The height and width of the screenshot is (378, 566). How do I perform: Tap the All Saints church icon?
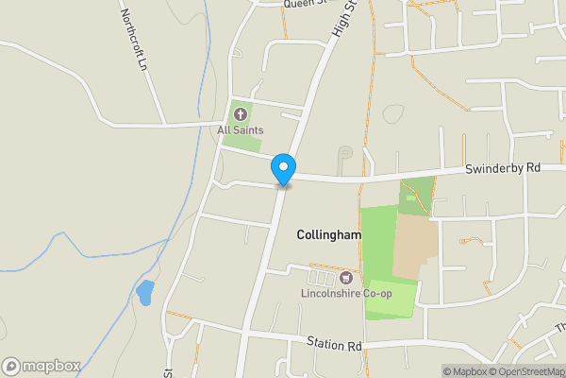tap(239, 114)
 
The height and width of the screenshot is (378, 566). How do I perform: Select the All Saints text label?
tap(241, 129)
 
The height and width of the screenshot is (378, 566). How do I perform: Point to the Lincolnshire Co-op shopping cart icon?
tap(346, 277)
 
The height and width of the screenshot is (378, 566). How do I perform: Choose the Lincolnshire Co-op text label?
tap(347, 293)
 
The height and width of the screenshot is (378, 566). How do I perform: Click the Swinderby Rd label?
tap(502, 168)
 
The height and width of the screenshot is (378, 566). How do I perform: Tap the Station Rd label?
tap(334, 343)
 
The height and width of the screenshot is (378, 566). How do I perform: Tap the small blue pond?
tap(144, 293)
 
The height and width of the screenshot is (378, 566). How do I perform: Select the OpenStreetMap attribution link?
tap(526, 371)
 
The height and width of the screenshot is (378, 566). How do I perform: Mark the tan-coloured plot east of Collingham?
tap(415, 244)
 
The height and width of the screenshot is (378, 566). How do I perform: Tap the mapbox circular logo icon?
tap(11, 366)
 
